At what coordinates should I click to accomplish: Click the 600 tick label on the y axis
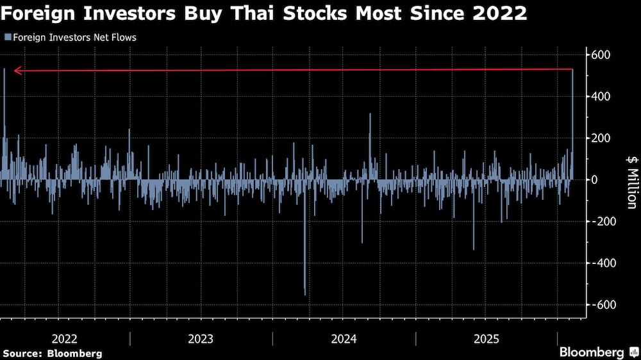601,54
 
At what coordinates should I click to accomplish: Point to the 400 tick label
601,96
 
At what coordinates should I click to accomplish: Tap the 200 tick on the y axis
601,138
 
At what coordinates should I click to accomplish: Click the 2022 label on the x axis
64,339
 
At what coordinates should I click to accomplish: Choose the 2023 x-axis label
201,339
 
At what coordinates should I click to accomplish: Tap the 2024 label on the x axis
344,339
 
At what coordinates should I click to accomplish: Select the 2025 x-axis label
487,339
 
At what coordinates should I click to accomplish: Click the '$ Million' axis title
631,181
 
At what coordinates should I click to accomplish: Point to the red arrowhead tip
15,70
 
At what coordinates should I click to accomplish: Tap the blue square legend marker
6,37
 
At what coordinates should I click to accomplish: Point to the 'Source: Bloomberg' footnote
53,353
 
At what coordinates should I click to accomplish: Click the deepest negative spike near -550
304,291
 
